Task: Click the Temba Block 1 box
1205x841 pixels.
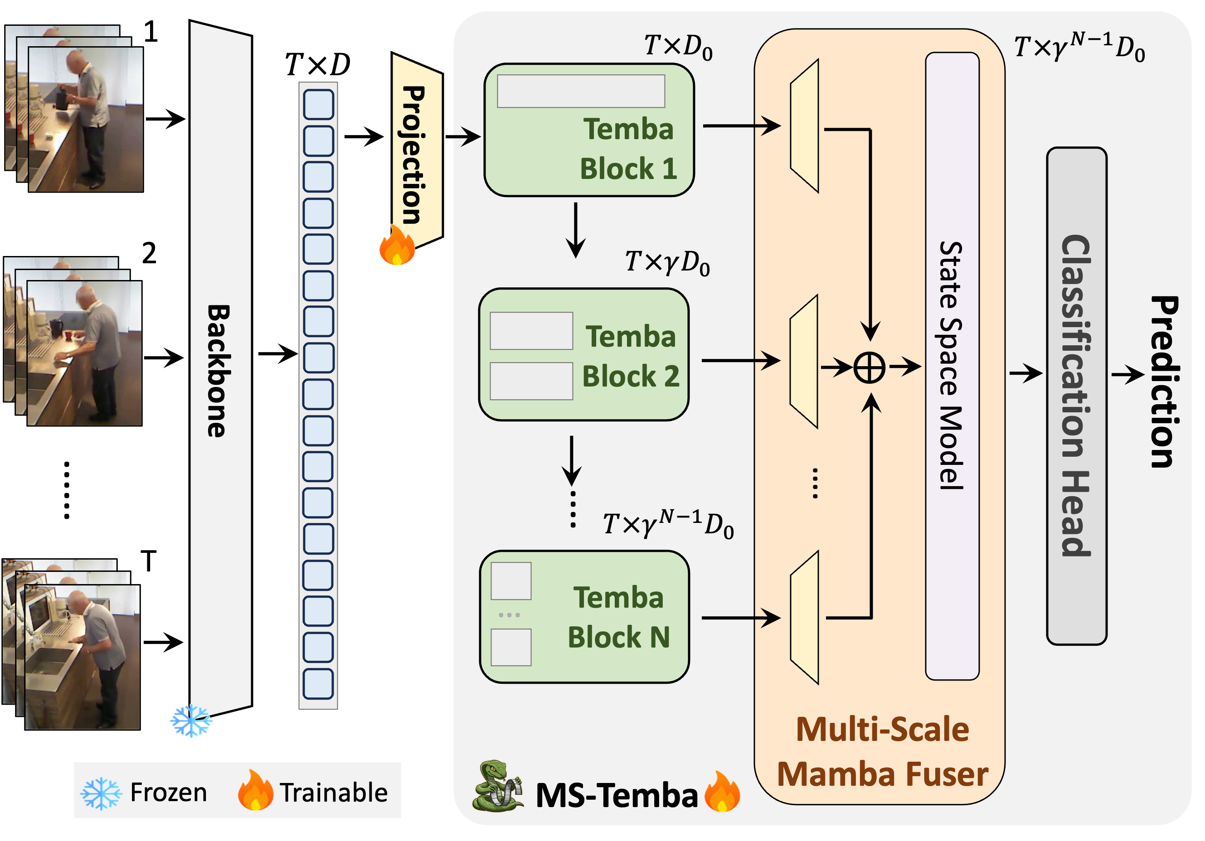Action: pos(589,130)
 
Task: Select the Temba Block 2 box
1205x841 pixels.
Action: pos(583,355)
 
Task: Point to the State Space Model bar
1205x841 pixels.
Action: pos(952,366)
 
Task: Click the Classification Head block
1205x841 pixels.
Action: pos(1076,396)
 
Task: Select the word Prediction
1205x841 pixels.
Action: pos(1164,382)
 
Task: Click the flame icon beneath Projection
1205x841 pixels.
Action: pos(397,245)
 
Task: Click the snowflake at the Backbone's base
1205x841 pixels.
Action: pos(191,720)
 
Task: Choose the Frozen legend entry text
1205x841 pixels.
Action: pos(168,792)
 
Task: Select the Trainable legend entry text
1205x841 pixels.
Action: pos(333,792)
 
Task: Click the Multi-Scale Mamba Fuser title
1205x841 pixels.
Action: pos(882,751)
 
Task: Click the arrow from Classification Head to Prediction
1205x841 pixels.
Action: pos(1127,374)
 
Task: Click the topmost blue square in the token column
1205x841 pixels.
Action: pos(318,104)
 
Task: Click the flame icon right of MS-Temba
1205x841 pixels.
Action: pos(722,792)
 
